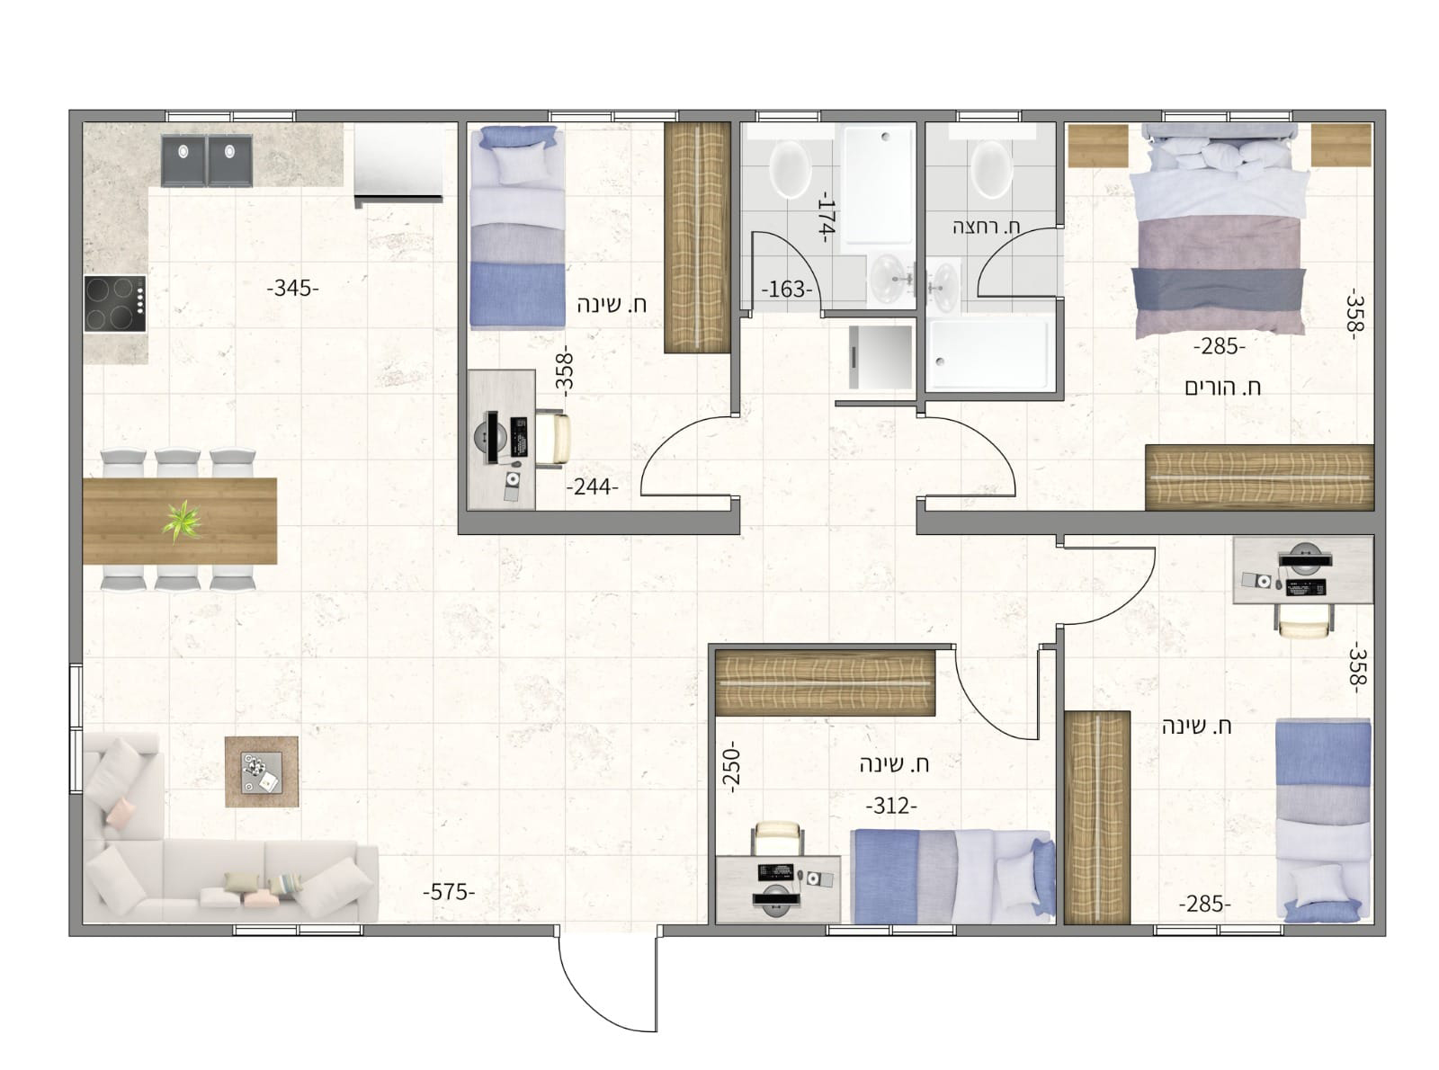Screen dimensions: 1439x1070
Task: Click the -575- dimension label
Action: coord(448,893)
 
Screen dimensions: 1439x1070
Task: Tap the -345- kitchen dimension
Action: coord(292,288)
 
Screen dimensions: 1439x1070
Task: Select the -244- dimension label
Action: coord(593,486)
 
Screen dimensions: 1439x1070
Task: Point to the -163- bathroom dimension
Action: coord(786,290)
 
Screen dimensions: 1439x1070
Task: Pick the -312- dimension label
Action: coord(891,807)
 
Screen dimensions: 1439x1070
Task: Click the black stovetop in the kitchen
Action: coord(115,304)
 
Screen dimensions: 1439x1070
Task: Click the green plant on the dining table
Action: coord(182,521)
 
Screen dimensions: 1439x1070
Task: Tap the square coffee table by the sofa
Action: coord(262,771)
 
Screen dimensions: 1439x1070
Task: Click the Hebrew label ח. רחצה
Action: coord(986,227)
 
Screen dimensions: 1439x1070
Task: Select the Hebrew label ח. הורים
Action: coord(1223,388)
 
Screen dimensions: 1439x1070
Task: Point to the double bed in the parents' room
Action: coord(1219,230)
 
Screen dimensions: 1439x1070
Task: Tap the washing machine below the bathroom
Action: coord(880,357)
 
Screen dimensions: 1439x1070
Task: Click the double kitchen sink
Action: coord(206,160)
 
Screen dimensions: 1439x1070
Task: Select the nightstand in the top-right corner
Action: coord(1341,146)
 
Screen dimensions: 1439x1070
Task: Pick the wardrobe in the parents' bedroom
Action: coord(1259,477)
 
